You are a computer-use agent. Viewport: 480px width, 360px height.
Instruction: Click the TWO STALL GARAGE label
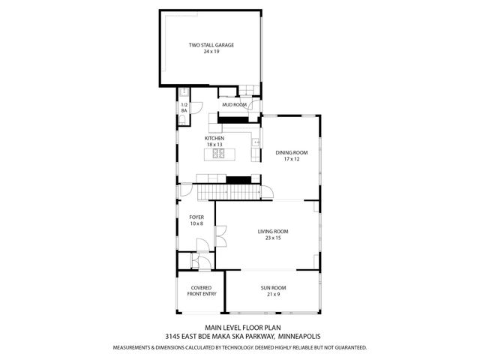pyautogui.click(x=211, y=46)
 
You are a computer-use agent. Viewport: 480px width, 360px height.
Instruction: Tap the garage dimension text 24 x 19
pyautogui.click(x=211, y=52)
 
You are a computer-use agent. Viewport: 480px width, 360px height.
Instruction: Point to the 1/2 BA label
pyautogui.click(x=184, y=107)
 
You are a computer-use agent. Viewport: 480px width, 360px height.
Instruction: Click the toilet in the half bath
pyautogui.click(x=184, y=119)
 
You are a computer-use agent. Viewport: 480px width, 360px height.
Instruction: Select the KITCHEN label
pyautogui.click(x=214, y=139)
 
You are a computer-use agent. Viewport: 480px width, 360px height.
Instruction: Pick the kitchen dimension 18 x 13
pyautogui.click(x=214, y=145)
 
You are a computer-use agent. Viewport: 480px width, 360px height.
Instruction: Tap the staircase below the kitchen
pyautogui.click(x=229, y=193)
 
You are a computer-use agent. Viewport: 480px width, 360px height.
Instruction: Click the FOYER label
pyautogui.click(x=196, y=217)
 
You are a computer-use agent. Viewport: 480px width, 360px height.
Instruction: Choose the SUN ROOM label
pyautogui.click(x=272, y=288)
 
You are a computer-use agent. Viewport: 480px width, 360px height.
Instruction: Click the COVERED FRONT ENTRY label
pyautogui.click(x=200, y=291)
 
